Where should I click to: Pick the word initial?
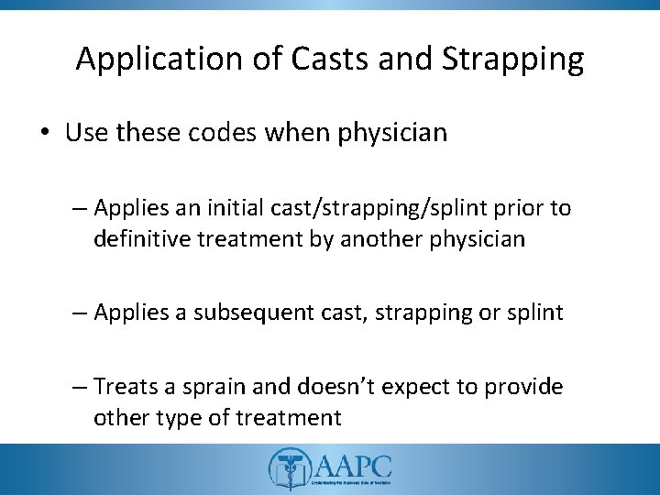pyautogui.click(x=252, y=209)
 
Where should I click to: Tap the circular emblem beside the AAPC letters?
pyautogui.click(x=285, y=468)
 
